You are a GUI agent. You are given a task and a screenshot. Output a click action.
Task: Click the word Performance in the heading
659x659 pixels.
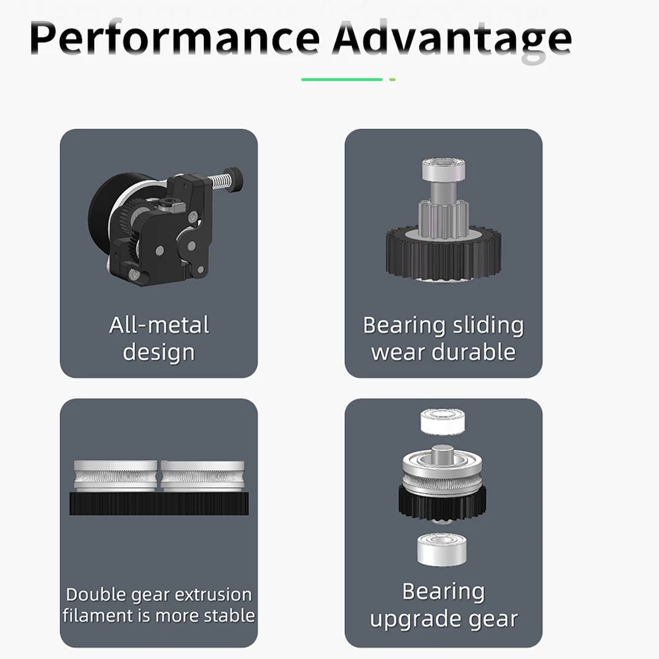tap(175, 38)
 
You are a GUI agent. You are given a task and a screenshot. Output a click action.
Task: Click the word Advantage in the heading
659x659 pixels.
tap(452, 41)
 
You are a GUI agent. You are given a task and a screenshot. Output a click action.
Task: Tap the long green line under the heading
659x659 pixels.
tap(341, 80)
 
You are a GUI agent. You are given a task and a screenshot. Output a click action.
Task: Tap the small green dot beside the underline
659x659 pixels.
tap(393, 80)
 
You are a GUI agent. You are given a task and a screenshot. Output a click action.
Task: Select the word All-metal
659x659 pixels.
tap(159, 325)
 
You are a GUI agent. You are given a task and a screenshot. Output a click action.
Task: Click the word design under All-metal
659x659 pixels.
tap(159, 353)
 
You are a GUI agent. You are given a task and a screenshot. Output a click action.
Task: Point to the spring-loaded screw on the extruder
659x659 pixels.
tap(225, 179)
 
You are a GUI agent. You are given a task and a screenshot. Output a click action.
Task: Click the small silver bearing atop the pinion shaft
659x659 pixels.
tap(443, 169)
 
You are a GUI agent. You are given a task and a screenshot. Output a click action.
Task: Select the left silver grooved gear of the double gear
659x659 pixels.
tap(115, 476)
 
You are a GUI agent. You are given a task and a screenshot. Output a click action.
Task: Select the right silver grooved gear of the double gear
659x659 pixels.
tap(202, 476)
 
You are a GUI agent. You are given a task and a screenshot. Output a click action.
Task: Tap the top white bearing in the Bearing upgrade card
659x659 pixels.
tap(443, 422)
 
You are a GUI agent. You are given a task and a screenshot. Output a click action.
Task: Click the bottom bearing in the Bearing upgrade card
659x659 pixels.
tap(442, 550)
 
